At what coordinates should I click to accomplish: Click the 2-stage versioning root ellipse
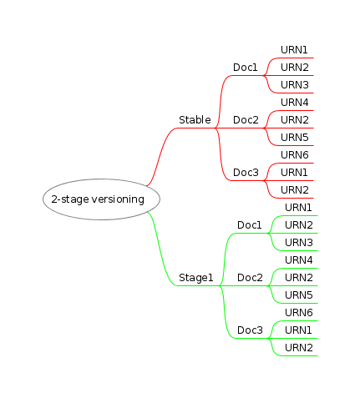[101, 199]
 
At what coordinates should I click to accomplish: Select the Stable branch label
[195, 120]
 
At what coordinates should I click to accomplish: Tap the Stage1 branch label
[196, 278]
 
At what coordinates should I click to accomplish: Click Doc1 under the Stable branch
[245, 68]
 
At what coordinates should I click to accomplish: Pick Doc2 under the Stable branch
[246, 120]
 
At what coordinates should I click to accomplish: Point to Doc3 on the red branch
[246, 173]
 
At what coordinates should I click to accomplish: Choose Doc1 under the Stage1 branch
[249, 225]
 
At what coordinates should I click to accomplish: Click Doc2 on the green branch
[250, 278]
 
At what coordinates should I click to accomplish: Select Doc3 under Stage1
[250, 330]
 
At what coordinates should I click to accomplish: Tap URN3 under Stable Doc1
[295, 85]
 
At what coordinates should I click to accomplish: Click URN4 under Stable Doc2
[295, 103]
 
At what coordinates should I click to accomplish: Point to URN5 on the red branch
[295, 138]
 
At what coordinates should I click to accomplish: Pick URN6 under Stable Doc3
[295, 155]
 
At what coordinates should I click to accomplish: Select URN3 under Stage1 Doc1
[299, 243]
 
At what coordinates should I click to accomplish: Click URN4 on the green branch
[299, 260]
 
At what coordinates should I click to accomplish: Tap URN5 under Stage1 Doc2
[299, 295]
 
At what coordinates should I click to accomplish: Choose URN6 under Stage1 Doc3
[299, 313]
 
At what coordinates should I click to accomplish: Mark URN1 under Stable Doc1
[294, 50]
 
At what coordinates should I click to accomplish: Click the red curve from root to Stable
[161, 155]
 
